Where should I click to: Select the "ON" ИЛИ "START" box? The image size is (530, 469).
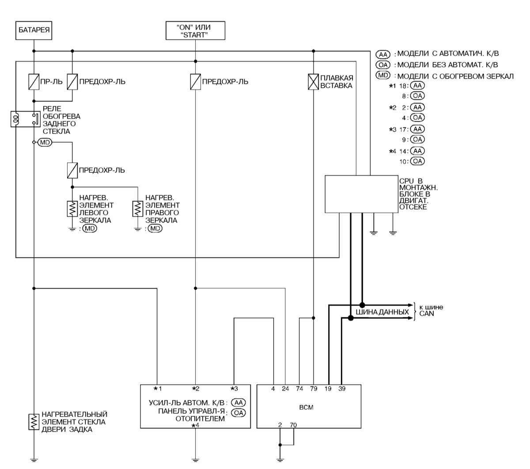tap(195, 31)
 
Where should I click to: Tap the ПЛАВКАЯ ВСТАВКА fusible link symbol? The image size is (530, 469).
tap(313, 82)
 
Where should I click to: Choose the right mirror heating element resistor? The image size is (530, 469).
tap(138, 209)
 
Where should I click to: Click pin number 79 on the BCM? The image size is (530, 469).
tap(313, 389)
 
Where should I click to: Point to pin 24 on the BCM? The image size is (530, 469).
tap(285, 389)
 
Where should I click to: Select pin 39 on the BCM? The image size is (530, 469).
tap(342, 389)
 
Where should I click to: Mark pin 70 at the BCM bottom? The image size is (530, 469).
tap(293, 425)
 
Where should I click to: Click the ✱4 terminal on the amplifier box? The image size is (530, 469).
tap(195, 425)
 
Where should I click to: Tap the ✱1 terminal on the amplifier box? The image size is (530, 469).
tap(157, 389)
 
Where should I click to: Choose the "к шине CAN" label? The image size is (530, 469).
tap(431, 311)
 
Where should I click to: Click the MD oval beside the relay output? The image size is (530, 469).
tap(45, 142)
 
